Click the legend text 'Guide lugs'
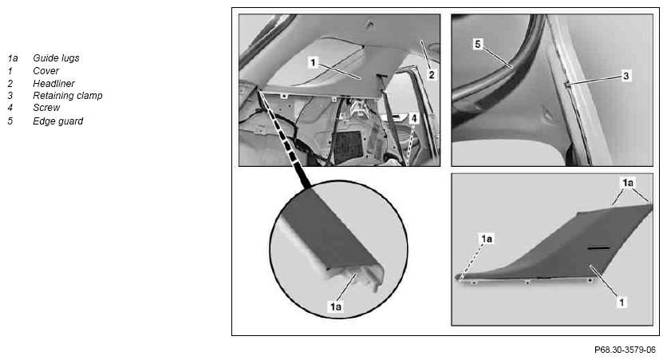56,58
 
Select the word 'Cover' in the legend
46,70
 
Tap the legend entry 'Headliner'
53,83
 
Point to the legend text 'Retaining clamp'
68,96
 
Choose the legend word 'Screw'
46,108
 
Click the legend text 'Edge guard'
58,121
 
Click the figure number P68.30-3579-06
625,350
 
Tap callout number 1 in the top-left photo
313,62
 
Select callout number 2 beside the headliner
432,75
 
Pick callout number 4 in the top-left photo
414,118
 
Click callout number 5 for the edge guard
478,44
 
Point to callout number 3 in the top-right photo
626,76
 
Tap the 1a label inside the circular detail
336,307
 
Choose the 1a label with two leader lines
628,183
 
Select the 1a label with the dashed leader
487,239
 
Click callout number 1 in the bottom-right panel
622,303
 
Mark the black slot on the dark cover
598,247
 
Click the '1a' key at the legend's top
12,58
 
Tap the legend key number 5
10,121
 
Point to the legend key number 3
10,96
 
